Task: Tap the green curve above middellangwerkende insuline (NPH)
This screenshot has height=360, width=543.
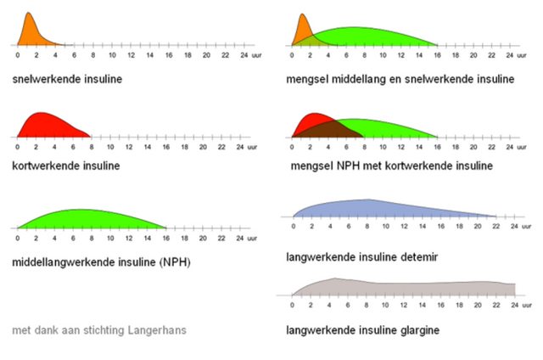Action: pyautogui.click(x=85, y=219)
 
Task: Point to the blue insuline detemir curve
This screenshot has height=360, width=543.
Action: pyautogui.click(x=373, y=209)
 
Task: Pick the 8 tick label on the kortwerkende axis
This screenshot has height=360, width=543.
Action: pyautogui.click(x=93, y=147)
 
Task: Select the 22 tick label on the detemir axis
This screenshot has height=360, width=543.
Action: pyautogui.click(x=497, y=227)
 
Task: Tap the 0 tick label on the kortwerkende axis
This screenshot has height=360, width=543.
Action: pyautogui.click(x=18, y=147)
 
